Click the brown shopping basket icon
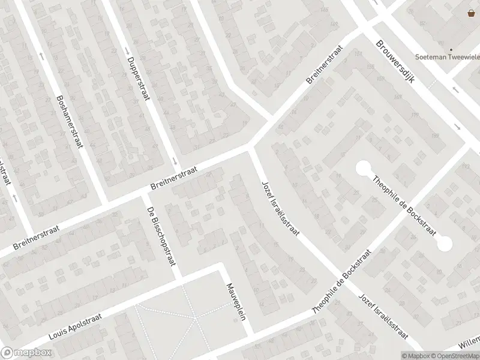pos(472,14)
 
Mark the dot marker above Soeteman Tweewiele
pos(451,50)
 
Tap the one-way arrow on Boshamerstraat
pos(41,55)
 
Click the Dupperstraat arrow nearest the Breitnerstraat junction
pos(174,161)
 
